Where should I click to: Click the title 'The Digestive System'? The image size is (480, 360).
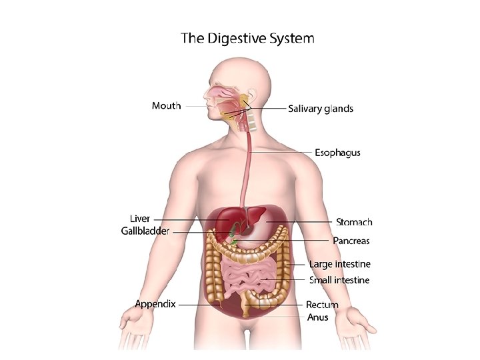pyautogui.click(x=247, y=38)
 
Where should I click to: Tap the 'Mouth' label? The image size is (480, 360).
pyautogui.click(x=166, y=106)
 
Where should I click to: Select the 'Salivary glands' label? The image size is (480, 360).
pyautogui.click(x=321, y=108)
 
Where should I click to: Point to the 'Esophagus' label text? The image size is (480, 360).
pyautogui.click(x=337, y=153)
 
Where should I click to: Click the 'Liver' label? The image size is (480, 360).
pyautogui.click(x=139, y=219)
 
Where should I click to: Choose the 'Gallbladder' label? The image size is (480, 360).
pyautogui.click(x=145, y=231)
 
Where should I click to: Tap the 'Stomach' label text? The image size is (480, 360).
pyautogui.click(x=354, y=222)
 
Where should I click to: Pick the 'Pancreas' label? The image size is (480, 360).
pyautogui.click(x=351, y=240)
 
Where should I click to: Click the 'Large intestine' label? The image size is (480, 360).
pyautogui.click(x=339, y=265)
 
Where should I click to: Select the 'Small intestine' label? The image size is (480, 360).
pyautogui.click(x=339, y=280)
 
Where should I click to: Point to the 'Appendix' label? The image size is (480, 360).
pyautogui.click(x=155, y=304)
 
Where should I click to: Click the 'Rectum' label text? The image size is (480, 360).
pyautogui.click(x=322, y=305)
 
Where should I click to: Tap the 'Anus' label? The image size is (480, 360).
pyautogui.click(x=317, y=317)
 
